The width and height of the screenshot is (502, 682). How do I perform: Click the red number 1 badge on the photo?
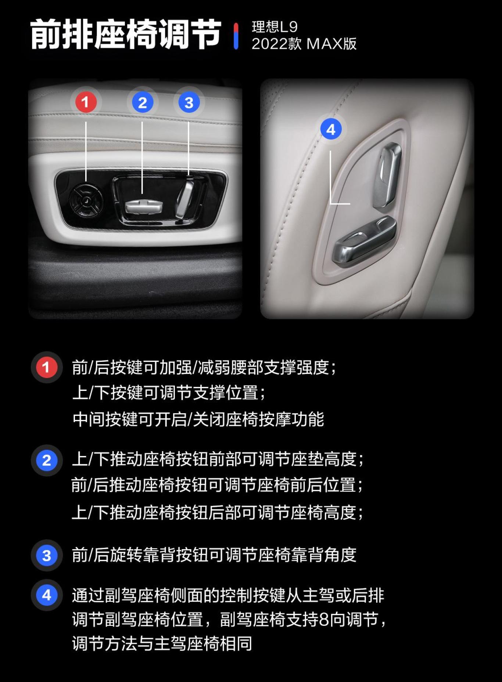86,102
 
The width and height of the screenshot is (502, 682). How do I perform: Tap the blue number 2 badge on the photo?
143,102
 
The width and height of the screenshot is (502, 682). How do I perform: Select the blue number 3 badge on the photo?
189,102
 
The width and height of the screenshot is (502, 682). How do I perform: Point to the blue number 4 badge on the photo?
331,129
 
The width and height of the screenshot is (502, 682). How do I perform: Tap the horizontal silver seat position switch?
143,206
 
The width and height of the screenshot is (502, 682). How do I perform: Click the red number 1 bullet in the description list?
46,367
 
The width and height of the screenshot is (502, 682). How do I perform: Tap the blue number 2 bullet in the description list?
46,460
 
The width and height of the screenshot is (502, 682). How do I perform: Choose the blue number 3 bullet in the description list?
46,555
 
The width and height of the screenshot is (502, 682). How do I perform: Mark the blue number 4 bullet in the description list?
46,595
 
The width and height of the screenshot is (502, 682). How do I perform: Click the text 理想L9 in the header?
275,27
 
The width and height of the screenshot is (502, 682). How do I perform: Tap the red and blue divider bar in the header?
236,36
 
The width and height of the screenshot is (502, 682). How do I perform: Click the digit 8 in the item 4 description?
324,620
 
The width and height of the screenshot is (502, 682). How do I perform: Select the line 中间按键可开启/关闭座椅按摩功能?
198,419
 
